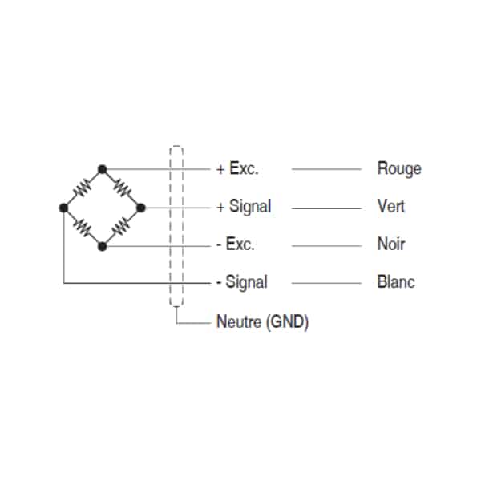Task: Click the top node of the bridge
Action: pos(102,169)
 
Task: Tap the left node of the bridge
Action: pos(63,208)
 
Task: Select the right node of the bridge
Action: pos(141,208)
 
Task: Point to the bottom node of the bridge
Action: pos(102,246)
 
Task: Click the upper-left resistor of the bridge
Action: pos(83,188)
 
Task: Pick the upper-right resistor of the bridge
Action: pos(122,188)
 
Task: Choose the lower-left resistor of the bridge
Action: pos(83,228)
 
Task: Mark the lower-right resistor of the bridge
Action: pos(122,227)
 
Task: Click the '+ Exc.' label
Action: pos(237,168)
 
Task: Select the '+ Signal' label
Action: pos(244,206)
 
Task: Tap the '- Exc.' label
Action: pos(236,245)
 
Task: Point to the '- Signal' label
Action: pos(242,282)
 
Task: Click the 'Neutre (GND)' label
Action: pos(263,321)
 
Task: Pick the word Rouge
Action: pos(399,169)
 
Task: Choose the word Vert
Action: pos(391,206)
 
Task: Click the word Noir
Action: pos(391,245)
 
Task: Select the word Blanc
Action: pos(396,282)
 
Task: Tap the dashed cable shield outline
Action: pos(170,226)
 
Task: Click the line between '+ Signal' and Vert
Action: pos(326,208)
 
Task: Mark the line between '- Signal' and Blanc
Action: pos(326,283)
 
